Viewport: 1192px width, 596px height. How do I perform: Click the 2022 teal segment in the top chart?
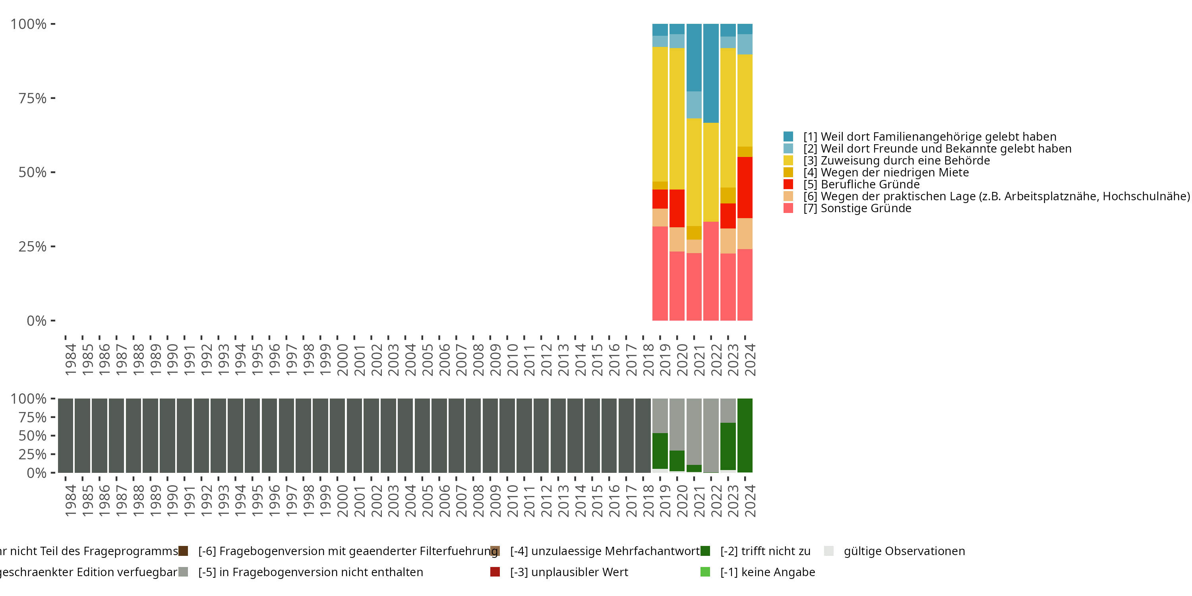pos(711,73)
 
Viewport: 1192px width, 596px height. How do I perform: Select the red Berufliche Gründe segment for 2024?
pos(745,188)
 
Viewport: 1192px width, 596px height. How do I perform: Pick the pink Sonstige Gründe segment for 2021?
pos(694,286)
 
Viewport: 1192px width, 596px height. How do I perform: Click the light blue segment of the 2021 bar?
pos(694,104)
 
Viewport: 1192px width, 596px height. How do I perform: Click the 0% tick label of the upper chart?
pos(36,321)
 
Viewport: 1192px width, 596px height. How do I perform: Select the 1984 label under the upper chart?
pos(70,360)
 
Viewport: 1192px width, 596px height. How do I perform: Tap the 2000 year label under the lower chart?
pos(343,501)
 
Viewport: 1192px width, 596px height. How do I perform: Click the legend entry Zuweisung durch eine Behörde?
pos(905,161)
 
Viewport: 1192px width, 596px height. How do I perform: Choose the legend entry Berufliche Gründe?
pos(870,184)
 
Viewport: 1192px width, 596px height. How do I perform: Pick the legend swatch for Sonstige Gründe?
pos(788,208)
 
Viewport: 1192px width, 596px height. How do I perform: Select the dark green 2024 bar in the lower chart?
pos(745,435)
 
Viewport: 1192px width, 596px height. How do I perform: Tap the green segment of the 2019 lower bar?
pos(660,451)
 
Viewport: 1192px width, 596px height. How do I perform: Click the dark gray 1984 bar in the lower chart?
pos(66,435)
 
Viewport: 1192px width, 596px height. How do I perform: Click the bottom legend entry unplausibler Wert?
pos(569,572)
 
